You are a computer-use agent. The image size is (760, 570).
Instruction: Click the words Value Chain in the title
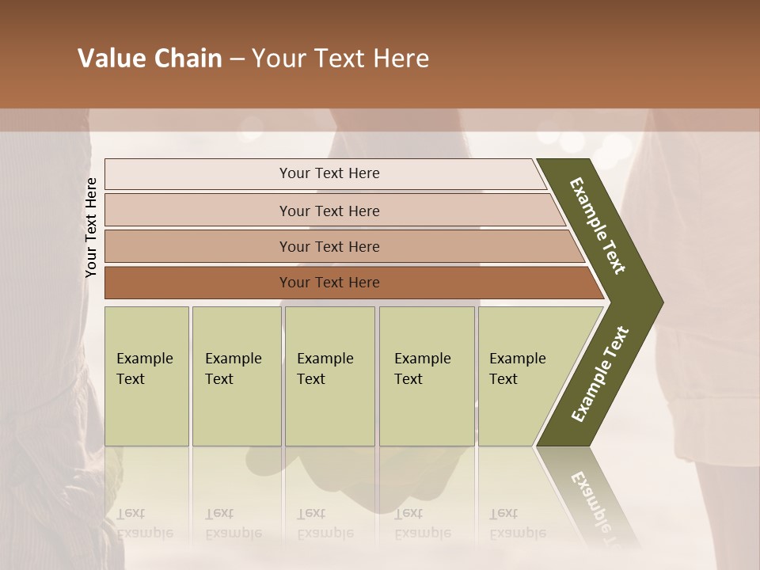point(150,59)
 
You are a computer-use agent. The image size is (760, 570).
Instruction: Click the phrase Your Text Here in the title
point(340,59)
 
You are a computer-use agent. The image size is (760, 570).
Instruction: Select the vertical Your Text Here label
point(92,227)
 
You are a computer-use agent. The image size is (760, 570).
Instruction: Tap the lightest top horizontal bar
point(329,173)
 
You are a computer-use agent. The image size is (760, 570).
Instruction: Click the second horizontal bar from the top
point(329,211)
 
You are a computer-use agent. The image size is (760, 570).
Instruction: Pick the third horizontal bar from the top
point(329,246)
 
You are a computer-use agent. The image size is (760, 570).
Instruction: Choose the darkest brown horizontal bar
point(329,283)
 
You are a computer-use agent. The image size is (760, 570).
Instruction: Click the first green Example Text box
point(146,376)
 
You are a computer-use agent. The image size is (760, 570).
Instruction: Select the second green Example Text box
point(236,376)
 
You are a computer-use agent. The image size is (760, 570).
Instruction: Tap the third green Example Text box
point(329,376)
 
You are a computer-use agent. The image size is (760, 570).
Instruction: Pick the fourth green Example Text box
point(426,376)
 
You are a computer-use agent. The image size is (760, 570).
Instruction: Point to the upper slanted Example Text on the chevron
point(598,226)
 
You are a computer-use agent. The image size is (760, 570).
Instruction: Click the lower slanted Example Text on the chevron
point(600,374)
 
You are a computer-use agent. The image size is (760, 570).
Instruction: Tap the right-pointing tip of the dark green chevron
point(659,302)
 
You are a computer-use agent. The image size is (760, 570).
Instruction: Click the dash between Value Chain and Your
point(237,59)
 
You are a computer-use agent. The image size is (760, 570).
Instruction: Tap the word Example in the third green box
point(325,359)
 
